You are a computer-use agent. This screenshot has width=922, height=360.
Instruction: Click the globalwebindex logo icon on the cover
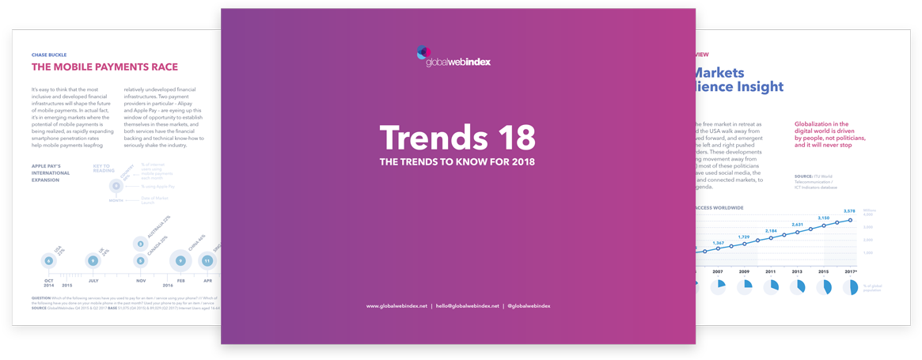pos(423,53)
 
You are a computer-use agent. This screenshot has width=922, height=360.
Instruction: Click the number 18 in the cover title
pos(504,138)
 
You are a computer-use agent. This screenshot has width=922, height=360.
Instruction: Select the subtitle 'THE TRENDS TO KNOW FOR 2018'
pos(457,162)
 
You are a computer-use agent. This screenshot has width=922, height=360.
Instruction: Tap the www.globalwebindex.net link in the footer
pos(396,306)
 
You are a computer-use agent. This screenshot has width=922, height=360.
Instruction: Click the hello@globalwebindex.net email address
pos(467,306)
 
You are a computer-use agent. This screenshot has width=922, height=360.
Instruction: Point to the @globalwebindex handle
pos(529,306)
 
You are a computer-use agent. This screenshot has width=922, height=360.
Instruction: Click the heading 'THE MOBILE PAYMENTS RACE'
pos(104,67)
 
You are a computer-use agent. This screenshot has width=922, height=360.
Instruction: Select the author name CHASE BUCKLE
pos(49,55)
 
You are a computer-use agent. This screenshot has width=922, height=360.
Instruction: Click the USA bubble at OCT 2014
pos(49,260)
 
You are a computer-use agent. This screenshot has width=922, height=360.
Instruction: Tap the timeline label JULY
pos(93,281)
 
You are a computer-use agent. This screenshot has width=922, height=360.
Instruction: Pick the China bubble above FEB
pos(180,260)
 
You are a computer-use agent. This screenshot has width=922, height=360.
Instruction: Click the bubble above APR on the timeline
pos(207,260)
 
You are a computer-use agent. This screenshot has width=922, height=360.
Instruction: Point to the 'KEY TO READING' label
pos(103,169)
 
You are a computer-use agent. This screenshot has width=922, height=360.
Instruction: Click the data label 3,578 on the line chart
pos(849,211)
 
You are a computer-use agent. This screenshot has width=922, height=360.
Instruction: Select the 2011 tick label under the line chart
pos(770,271)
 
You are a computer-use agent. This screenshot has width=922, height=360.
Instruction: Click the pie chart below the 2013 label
pos(798,287)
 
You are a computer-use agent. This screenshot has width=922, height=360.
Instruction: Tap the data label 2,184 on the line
pos(771,230)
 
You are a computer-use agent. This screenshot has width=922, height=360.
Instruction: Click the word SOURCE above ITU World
pos(805,176)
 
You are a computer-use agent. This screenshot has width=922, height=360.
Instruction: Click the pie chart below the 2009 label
pos(745,287)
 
